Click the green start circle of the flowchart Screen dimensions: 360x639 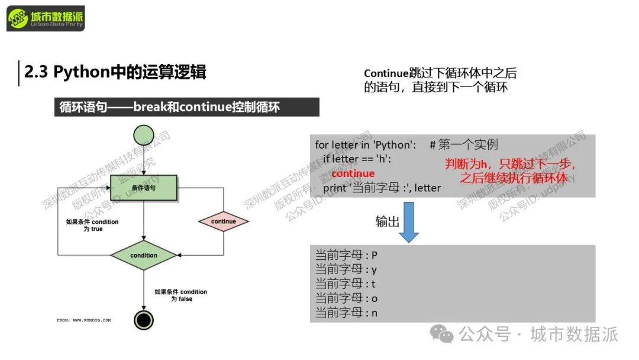144,136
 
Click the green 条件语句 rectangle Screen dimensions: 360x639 144,187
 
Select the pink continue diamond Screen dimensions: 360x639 223,221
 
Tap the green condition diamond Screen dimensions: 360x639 144,255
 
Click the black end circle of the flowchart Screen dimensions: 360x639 144,320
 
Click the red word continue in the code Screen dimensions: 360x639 353,173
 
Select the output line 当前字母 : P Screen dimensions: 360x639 346,256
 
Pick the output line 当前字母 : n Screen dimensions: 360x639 346,313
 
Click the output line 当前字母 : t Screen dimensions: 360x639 346,284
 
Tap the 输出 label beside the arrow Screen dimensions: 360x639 387,221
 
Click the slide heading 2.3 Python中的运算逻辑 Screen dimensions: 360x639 115,72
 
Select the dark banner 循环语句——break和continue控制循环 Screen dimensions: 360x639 186,107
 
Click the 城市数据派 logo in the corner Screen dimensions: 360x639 46,20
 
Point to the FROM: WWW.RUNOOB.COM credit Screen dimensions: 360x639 83,320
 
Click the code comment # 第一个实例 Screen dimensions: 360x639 464,145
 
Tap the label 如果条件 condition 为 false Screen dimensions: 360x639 181,295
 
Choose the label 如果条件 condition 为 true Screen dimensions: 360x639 92,226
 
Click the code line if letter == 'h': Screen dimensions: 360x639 357,159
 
